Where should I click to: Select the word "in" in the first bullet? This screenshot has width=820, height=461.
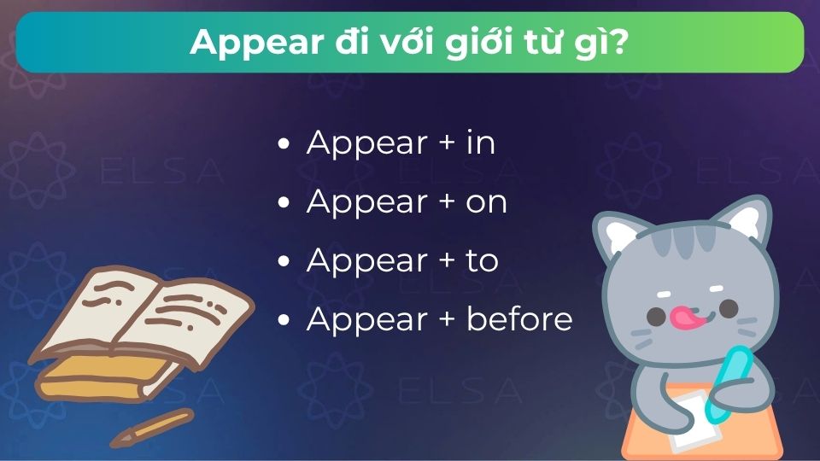pos(481,143)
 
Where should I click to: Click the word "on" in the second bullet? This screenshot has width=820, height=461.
pos(487,201)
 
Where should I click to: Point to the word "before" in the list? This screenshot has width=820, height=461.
pos(519,318)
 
